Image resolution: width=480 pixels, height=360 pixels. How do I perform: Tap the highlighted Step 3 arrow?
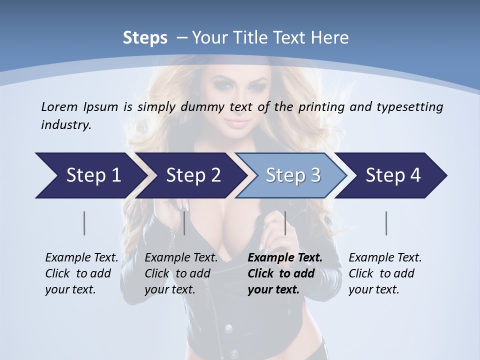pos(292,175)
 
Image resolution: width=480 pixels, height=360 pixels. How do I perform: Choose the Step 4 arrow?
pos(392,175)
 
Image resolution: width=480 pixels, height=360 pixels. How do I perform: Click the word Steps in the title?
pos(145,37)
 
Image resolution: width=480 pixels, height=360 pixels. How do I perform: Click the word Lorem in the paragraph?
pos(58,106)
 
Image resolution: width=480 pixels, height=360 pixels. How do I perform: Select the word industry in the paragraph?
pos(65,125)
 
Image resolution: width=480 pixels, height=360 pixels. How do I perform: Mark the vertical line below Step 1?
pos(84,223)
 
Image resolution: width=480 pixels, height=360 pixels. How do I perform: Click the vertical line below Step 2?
pos(184,223)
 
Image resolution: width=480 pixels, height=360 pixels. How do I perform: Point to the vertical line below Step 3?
pos(285,223)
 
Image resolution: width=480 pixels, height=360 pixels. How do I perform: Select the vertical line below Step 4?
pos(386,223)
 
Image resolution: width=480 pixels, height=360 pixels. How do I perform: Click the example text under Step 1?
pos(81,273)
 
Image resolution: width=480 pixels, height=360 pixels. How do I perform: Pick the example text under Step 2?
pos(181,273)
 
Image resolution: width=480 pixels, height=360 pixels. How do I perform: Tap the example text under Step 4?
pos(385,273)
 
